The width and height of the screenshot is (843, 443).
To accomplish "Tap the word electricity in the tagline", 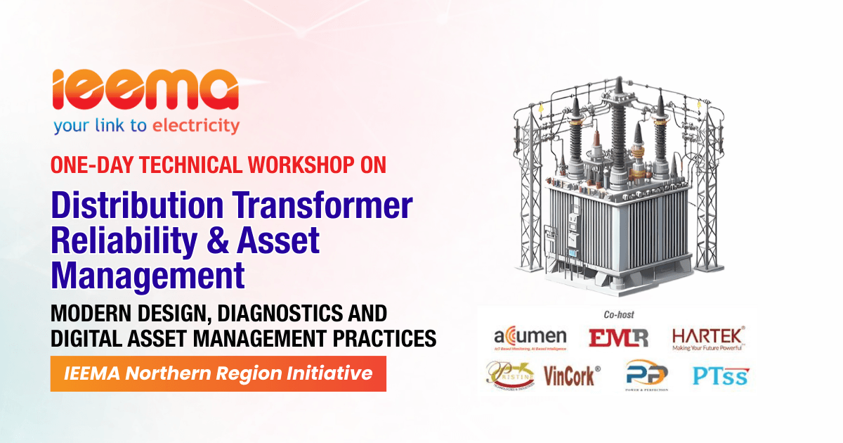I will click(x=196, y=127).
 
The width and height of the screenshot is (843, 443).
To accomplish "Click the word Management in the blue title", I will click(x=148, y=275).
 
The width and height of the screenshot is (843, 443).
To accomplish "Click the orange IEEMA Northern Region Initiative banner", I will click(x=218, y=373).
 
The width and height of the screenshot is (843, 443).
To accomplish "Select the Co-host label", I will click(x=618, y=315).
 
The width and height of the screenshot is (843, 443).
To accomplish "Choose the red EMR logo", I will click(x=618, y=338).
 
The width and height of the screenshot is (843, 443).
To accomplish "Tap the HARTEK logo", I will click(x=709, y=338).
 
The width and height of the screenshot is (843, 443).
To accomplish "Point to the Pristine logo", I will click(x=511, y=374).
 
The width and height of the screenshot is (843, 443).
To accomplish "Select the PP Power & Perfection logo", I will click(x=646, y=376).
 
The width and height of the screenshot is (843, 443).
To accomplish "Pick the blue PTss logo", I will click(x=720, y=376).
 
